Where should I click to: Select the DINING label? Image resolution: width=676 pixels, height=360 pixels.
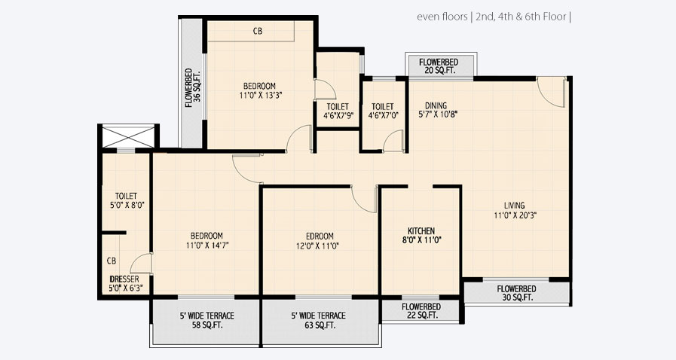[436, 105]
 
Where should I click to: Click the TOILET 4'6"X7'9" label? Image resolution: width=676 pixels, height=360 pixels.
[337, 106]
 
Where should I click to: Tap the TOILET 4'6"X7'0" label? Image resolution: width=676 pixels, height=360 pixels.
[382, 106]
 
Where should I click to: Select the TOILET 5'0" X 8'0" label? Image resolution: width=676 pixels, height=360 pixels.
[126, 196]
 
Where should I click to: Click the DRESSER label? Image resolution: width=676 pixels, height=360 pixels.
[126, 278]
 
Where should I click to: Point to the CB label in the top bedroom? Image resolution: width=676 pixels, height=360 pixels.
[258, 32]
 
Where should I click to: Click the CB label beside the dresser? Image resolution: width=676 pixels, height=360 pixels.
[111, 261]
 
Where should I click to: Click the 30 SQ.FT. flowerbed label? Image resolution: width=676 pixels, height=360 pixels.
[516, 297]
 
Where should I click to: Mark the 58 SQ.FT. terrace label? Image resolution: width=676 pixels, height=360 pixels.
[206, 326]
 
